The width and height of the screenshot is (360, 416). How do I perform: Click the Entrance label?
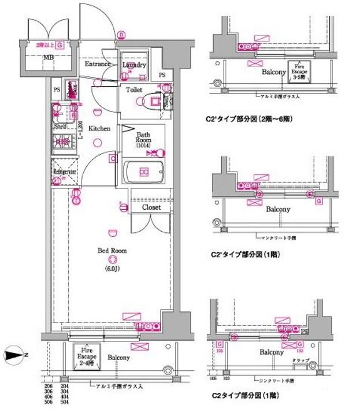coord(97,64)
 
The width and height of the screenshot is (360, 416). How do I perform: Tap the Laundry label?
coord(134,65)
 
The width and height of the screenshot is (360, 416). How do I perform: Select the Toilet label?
coord(134,90)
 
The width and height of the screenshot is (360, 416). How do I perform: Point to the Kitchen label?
coord(99,129)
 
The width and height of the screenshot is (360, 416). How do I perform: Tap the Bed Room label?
coord(112,251)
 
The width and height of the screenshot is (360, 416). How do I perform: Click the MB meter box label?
coord(49,57)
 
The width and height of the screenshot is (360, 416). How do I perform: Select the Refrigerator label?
coord(65,172)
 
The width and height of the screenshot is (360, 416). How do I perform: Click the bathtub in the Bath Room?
coord(144,172)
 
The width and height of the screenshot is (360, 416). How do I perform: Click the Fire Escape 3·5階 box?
coord(299,70)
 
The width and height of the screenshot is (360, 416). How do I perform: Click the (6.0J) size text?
coord(112,269)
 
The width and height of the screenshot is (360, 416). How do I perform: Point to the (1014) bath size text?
coord(143,146)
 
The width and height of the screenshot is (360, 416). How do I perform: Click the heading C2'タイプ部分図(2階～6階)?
coord(251,121)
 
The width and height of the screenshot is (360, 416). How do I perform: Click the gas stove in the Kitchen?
coord(62,140)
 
